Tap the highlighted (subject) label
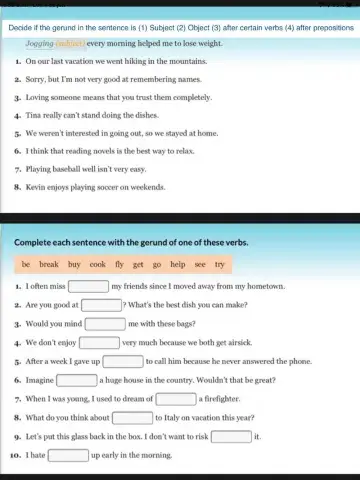(x=70, y=44)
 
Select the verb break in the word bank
(x=49, y=265)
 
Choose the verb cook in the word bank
(x=97, y=265)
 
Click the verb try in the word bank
(x=218, y=265)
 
